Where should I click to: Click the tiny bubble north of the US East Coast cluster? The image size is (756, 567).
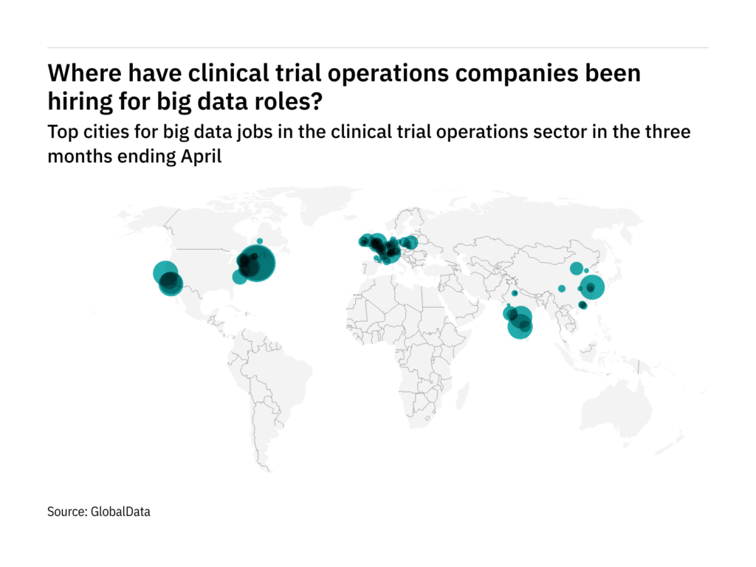point(259,240)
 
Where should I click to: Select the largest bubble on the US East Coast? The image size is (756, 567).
point(256,264)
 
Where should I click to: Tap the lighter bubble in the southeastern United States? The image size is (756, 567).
point(239,277)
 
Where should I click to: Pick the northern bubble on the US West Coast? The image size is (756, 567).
point(165,273)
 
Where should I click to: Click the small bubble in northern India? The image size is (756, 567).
point(515,294)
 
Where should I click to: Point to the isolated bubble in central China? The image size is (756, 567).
point(562,288)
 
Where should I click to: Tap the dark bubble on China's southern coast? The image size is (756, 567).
point(583,305)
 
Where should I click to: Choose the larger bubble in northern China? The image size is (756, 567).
point(576,268)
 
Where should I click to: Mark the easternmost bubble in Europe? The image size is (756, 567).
point(410,241)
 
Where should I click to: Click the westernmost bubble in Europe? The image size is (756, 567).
point(363,241)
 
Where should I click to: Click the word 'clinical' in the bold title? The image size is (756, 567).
point(227,74)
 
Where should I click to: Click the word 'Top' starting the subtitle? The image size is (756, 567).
point(61,133)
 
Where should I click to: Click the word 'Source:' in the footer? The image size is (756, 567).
point(66,511)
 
